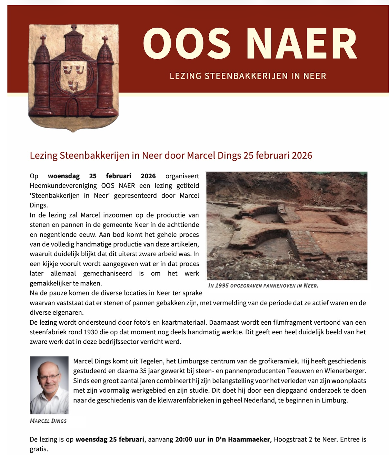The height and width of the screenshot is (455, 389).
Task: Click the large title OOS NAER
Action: coord(250,44)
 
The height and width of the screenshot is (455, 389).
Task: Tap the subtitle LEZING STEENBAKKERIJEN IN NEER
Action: coord(248,76)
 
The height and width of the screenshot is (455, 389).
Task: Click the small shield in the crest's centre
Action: coord(73,77)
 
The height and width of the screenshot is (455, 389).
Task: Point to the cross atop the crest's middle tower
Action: coord(73,28)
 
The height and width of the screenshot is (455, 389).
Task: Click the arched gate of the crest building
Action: coord(73,106)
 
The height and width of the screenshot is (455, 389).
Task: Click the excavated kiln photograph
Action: coord(287,225)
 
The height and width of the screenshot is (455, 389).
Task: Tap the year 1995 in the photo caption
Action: coord(222,286)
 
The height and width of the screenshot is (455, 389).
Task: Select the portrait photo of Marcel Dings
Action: coord(49,385)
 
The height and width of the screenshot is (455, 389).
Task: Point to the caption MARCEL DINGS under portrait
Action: coord(48,421)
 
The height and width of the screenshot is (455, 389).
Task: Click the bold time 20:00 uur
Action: coord(190,439)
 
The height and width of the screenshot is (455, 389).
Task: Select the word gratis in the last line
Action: coord(39,449)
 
